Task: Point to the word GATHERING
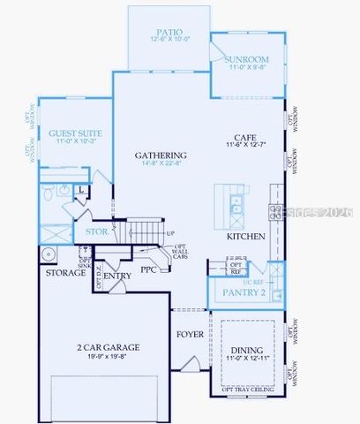coord(161,155)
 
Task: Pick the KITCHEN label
coord(246,237)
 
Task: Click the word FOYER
coord(190,334)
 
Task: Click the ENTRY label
coord(117,276)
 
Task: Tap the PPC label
coord(148,269)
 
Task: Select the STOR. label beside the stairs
coord(96,232)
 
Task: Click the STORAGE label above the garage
coord(66,273)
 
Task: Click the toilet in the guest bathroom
coord(48,191)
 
